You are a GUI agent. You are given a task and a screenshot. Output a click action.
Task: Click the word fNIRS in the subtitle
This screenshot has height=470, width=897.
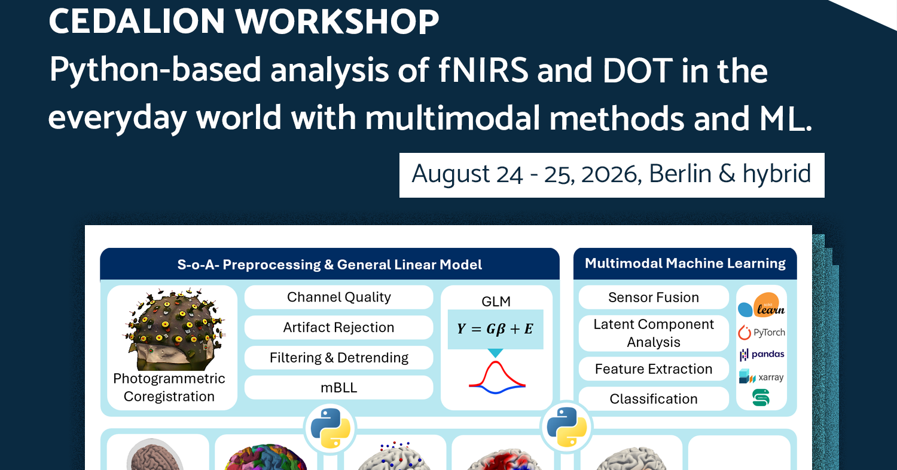483,70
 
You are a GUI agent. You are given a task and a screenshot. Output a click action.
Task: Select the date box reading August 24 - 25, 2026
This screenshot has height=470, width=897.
612,175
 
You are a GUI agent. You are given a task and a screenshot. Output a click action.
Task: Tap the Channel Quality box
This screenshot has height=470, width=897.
339,297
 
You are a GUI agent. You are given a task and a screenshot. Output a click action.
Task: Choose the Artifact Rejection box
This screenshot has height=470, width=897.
339,328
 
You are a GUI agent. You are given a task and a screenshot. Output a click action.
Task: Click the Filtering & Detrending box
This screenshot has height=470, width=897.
339,358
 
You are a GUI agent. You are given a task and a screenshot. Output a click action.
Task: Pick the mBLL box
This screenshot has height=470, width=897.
339,388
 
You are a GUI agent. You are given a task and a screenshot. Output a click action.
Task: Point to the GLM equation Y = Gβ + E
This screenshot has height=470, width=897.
495,329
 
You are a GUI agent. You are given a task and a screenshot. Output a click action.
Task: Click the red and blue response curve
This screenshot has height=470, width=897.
497,378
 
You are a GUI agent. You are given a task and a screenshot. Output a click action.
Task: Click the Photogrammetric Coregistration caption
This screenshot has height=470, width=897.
169,387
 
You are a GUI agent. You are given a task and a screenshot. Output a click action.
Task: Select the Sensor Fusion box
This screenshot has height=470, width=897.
654,297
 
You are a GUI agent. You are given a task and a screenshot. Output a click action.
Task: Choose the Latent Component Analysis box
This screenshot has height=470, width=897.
654,333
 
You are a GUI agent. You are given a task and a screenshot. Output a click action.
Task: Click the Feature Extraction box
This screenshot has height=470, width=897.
654,369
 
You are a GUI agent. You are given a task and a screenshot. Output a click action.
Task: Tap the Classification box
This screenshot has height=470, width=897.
654,399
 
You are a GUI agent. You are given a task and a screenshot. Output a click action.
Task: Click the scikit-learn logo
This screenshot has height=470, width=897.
761,305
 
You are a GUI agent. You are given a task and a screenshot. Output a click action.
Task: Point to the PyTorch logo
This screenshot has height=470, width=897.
761,333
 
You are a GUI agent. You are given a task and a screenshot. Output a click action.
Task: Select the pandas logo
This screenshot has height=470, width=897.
761,354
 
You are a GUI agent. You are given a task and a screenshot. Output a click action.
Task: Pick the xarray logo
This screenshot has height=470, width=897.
761,377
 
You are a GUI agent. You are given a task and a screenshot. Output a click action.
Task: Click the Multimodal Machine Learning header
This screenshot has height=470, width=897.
685,263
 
